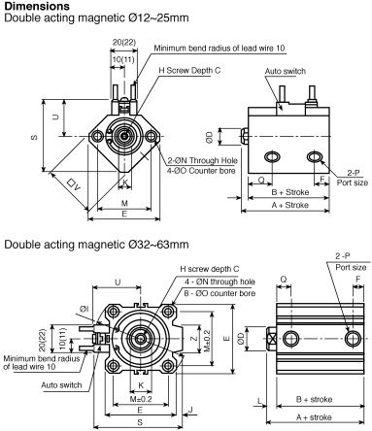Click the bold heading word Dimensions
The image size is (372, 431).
coord(37,6)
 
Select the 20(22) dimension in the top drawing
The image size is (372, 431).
coord(124,42)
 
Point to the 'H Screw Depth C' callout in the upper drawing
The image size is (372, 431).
coord(189,71)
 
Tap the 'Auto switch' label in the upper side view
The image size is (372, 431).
coord(286,71)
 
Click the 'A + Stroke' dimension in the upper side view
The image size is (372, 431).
coord(290,205)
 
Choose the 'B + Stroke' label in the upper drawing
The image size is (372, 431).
coord(290,192)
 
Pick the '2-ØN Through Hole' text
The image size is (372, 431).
coord(202,160)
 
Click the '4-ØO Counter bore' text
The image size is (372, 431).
coord(201,171)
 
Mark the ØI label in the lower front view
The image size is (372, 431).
coord(85,309)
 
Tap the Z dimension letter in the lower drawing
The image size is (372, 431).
coord(193,339)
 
